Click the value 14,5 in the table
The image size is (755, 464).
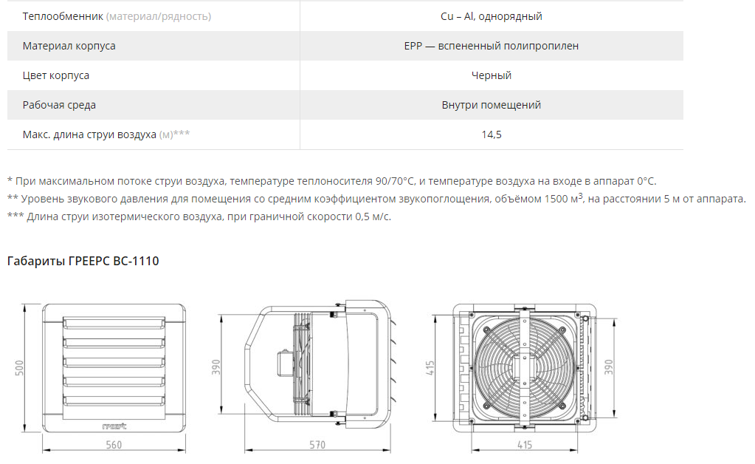(491, 134)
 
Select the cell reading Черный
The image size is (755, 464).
(491, 75)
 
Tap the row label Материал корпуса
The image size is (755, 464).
(69, 46)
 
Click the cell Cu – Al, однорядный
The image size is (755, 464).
(491, 16)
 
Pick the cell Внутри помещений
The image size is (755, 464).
(491, 105)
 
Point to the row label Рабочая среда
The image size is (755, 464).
(59, 105)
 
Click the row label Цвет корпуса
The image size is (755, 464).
(56, 75)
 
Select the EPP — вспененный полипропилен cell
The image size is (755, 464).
(491, 46)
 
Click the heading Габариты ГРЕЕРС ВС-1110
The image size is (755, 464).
(83, 261)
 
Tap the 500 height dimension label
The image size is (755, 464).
(19, 368)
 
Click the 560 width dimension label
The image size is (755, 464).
(114, 445)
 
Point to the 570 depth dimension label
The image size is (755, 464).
(317, 445)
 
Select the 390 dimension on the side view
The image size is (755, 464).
(216, 367)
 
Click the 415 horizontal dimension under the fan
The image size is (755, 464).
(524, 445)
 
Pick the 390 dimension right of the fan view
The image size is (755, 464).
(609, 367)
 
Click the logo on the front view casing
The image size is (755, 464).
(114, 426)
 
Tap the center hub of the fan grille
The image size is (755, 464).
(523, 369)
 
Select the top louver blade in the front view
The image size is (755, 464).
(114, 322)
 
